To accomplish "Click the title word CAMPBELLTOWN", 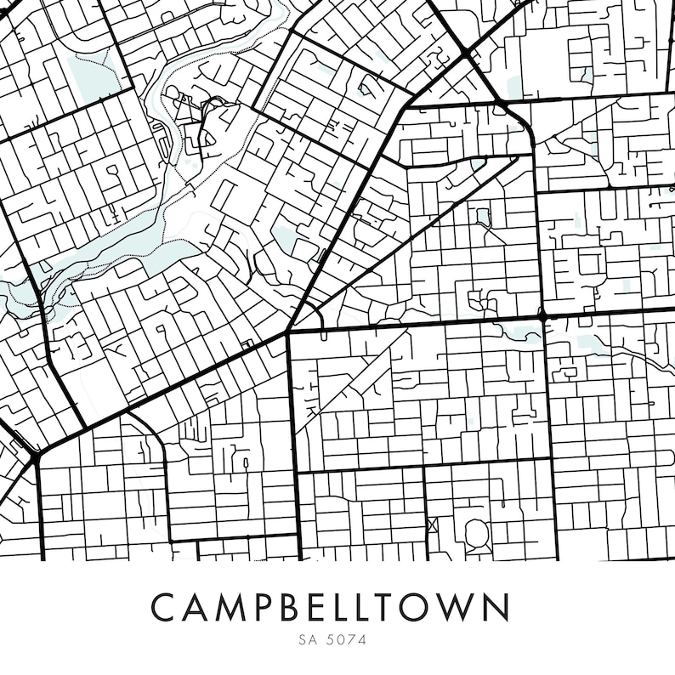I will point(331,607).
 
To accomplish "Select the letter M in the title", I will point(229,607).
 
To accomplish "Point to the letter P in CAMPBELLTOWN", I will point(263,607).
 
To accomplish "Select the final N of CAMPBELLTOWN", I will point(499,607).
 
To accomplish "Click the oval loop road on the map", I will point(476,533).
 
